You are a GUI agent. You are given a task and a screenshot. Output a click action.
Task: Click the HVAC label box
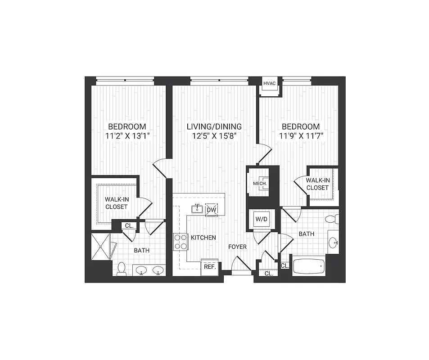pos(269,84)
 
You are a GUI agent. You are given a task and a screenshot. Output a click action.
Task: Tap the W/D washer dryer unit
pos(261,220)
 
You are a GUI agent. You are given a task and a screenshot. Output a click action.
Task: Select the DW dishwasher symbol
pos(211,209)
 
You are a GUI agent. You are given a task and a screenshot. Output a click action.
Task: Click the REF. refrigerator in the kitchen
pos(210,266)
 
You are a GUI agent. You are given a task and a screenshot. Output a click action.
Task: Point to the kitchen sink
pos(197,209)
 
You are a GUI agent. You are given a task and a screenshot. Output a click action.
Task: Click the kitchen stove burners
pos(180,242)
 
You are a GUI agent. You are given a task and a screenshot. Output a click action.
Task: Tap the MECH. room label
pos(260,184)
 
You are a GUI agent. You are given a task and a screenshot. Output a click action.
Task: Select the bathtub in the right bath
pos(308,265)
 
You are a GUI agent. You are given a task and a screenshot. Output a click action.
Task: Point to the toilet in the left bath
pos(121,269)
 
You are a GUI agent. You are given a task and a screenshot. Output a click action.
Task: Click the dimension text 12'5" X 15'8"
pos(214,135)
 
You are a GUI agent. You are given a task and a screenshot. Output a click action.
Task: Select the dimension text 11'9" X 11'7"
pos(301,135)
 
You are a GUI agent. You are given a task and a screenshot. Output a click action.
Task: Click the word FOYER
pos(237,247)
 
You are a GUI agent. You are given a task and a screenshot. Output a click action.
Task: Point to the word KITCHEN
pos(203,238)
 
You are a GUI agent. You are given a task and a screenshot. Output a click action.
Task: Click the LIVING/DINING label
pos(214,126)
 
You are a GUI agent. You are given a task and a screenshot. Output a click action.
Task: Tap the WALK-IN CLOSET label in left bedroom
pos(116,203)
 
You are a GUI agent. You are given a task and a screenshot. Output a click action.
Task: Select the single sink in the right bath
pos(333,243)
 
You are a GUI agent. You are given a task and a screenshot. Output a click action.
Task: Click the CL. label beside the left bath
pos(129,226)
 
